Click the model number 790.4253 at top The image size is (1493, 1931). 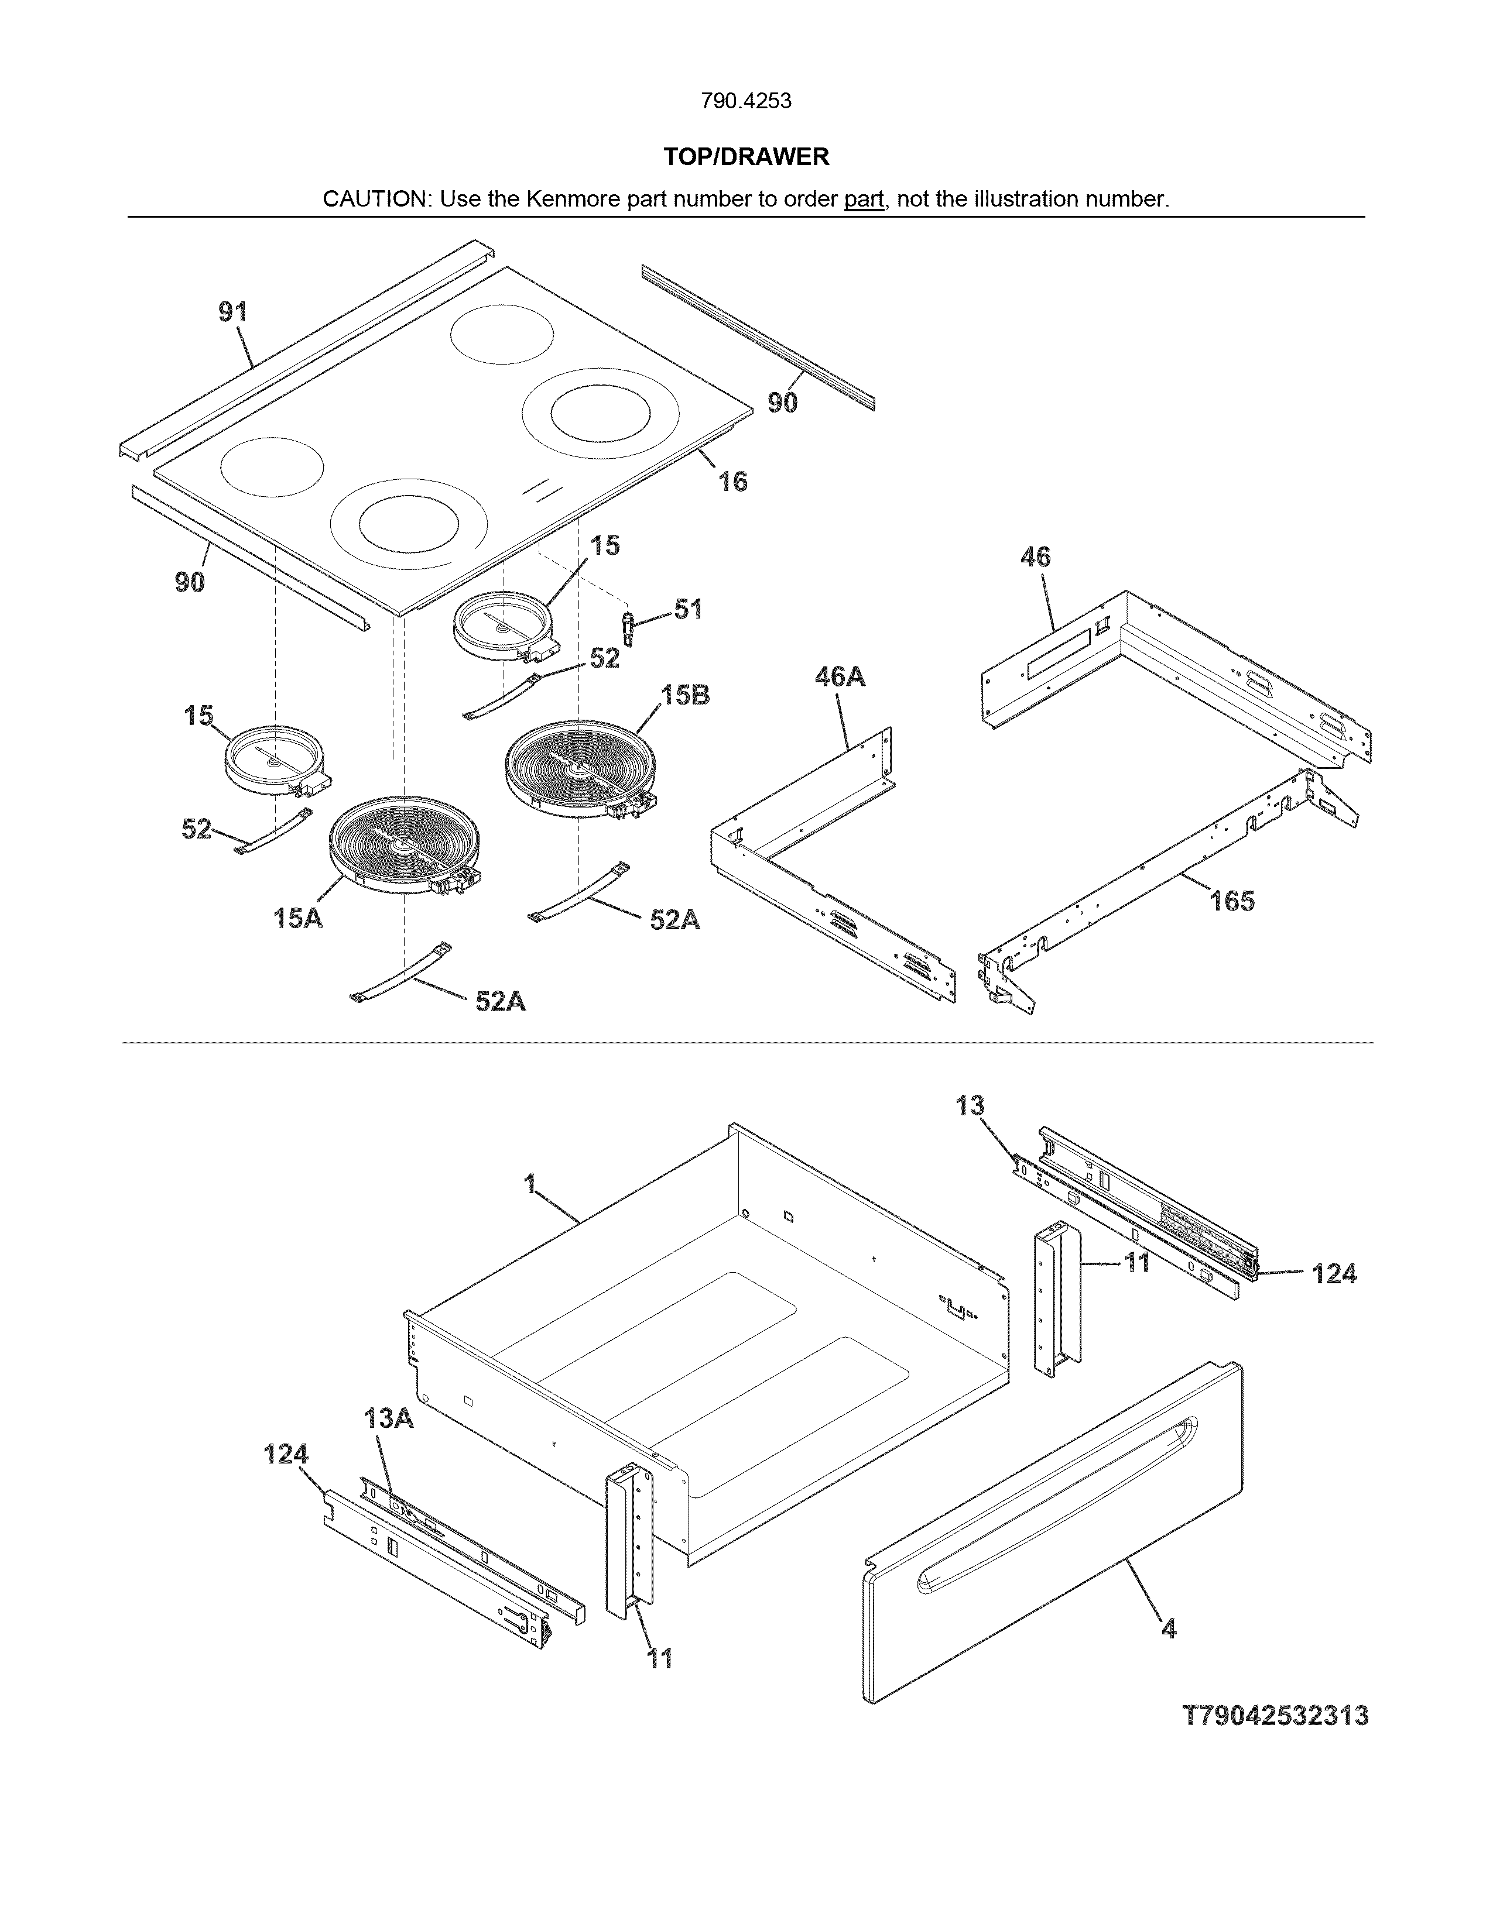(x=745, y=101)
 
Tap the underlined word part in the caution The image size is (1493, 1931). (x=863, y=199)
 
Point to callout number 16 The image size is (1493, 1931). (x=732, y=481)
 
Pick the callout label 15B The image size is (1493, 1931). (x=686, y=695)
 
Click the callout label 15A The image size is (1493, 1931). (x=297, y=919)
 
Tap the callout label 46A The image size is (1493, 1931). (x=840, y=676)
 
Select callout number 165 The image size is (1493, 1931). (x=1232, y=901)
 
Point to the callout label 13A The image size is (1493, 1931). (x=388, y=1418)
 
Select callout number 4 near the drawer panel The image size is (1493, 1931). (x=1169, y=1628)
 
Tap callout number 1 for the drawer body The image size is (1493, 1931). (x=530, y=1183)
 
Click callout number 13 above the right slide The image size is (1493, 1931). (x=970, y=1105)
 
